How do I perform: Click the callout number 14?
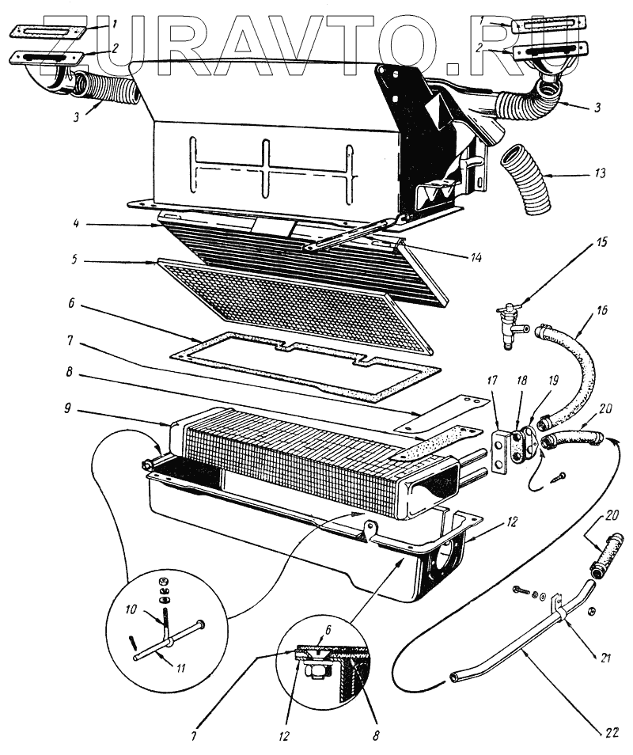pos(475,258)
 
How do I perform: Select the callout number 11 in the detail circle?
pos(181,667)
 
